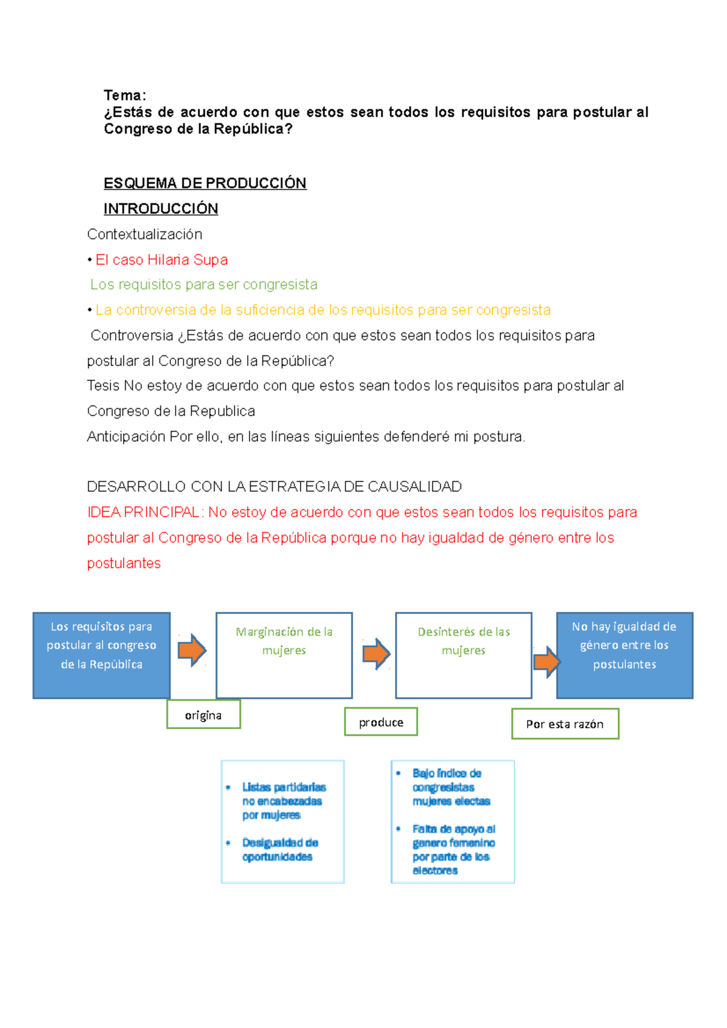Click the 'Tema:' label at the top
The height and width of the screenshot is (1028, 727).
125,95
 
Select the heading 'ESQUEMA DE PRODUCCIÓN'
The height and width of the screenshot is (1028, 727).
205,183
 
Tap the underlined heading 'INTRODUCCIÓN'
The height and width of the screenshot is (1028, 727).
161,208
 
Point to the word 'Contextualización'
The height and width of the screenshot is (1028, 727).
144,234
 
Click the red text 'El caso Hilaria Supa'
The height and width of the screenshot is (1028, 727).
161,260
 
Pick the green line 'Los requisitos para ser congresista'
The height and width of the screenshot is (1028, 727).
204,285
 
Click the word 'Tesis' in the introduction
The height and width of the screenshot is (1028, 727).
104,386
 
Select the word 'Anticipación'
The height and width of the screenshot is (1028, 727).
126,437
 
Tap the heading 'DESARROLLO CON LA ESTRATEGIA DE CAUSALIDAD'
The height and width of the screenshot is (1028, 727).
274,487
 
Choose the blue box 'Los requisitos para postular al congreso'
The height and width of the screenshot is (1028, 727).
101,655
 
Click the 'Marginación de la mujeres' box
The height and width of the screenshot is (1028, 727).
284,655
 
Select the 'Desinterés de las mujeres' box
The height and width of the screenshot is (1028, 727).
463,655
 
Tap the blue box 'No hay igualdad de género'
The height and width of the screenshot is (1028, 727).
625,655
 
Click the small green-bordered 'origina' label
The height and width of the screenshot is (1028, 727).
204,715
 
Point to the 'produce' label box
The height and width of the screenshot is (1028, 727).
381,722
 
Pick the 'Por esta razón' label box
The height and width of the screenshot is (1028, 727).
565,724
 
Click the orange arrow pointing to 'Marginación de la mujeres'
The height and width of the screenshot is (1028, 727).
192,650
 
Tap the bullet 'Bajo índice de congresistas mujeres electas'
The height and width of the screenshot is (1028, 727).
451,787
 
